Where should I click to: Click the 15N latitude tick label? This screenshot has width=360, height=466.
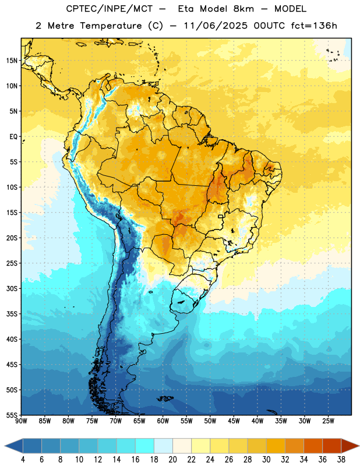12,61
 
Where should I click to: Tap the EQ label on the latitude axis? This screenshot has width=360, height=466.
13,137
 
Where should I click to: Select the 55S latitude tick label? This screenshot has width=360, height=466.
12,415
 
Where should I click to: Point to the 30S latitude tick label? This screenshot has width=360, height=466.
12,288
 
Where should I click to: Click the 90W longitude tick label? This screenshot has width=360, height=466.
21,421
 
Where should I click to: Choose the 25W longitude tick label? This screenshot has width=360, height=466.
328,421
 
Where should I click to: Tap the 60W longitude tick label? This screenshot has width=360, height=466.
163,421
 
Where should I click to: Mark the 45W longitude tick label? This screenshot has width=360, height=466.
234,421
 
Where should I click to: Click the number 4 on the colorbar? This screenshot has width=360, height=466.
23,460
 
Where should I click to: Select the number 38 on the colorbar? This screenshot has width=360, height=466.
341,460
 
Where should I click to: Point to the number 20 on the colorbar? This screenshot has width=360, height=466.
172,460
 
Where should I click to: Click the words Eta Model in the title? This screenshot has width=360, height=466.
216,9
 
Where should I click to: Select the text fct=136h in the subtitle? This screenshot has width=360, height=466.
314,26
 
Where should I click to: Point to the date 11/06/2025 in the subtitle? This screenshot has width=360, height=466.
216,26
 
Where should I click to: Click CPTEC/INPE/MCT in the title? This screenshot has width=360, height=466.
110,9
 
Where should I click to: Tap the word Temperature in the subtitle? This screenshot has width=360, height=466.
111,26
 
